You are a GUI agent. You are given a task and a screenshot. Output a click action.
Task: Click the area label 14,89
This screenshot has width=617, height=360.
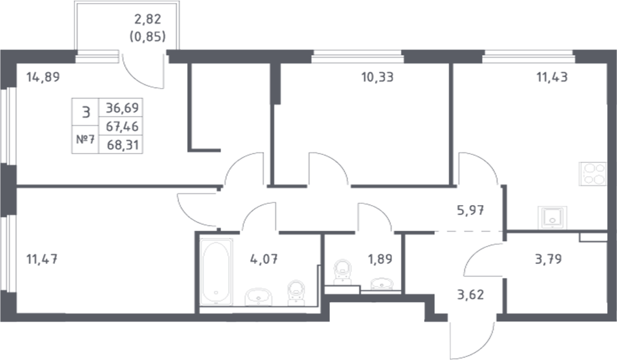[42, 77]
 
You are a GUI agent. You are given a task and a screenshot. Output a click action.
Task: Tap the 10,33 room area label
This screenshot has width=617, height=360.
[377, 77]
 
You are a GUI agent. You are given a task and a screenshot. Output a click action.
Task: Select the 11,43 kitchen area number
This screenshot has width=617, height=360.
[551, 77]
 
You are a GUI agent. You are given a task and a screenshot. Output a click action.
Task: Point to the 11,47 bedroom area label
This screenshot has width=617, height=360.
[42, 259]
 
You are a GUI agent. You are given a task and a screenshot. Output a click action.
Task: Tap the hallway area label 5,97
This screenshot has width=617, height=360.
[470, 209]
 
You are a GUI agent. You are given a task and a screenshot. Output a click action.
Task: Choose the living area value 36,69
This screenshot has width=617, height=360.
[122, 108]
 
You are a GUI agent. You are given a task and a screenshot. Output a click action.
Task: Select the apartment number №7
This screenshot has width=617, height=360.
[85, 139]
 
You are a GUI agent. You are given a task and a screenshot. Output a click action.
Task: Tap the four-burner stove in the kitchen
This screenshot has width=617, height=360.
[592, 173]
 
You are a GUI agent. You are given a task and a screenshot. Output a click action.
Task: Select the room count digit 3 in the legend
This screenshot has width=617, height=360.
[85, 112]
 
